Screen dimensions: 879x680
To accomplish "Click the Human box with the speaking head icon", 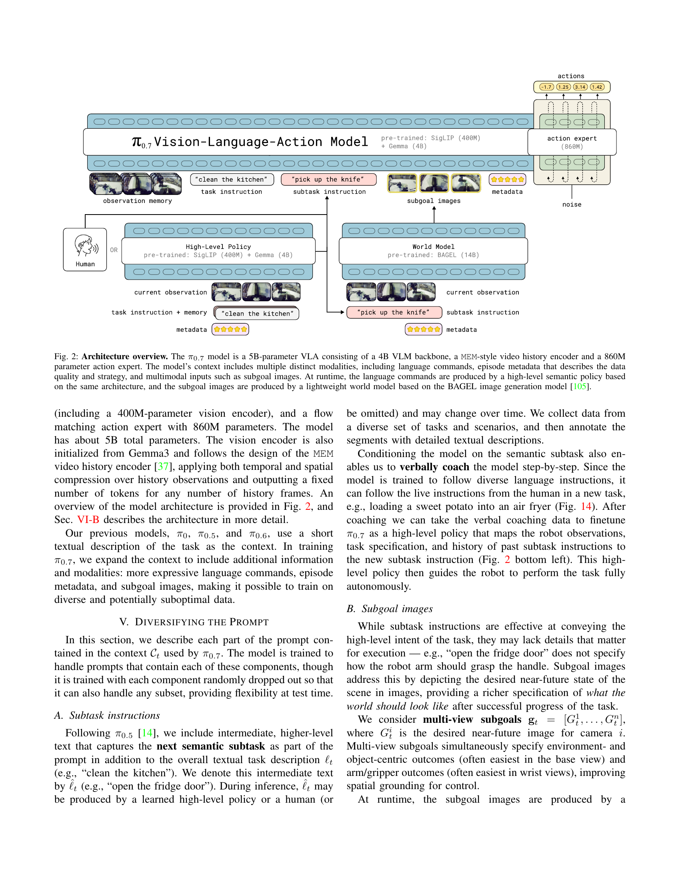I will [x=85, y=250].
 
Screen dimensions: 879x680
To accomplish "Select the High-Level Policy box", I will [x=218, y=251].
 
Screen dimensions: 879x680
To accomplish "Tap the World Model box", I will [x=433, y=251].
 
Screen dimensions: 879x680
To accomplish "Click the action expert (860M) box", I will [x=572, y=142].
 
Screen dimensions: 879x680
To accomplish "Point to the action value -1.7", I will [x=546, y=87].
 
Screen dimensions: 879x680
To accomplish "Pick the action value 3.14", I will [x=580, y=87].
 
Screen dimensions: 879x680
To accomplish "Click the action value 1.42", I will [x=597, y=87].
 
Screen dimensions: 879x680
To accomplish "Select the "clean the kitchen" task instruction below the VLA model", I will [x=232, y=179].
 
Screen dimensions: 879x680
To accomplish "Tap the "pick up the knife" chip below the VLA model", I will [x=328, y=179].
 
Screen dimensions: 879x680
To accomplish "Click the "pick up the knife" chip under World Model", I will [x=394, y=312].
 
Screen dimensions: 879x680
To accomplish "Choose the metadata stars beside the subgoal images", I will [x=507, y=179].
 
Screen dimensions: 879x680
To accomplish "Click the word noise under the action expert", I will [x=572, y=205].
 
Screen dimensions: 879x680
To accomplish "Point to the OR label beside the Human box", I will [x=114, y=250].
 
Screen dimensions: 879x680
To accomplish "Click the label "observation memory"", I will [x=137, y=201].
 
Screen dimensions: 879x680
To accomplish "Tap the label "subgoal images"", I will [x=434, y=201].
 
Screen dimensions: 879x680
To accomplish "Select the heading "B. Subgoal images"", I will [x=390, y=609].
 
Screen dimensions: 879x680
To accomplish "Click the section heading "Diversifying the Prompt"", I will [x=194, y=622].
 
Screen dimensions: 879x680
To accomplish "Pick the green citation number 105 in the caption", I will [x=580, y=387].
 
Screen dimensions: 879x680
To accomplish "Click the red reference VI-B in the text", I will [x=88, y=519].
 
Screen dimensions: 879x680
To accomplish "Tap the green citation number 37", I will [x=163, y=466].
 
